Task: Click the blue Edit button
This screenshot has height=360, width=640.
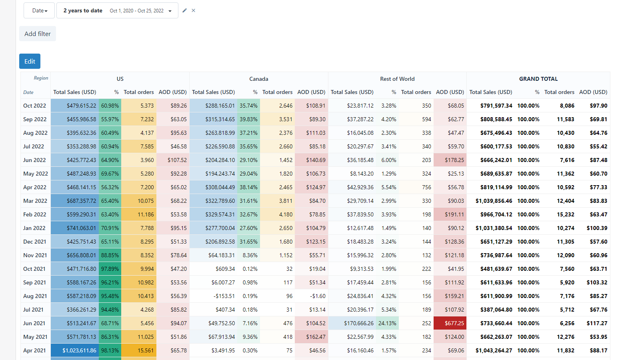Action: [30, 61]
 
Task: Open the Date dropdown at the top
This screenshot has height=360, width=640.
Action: [39, 11]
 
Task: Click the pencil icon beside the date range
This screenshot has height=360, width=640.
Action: [184, 11]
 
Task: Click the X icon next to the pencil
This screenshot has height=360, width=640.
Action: [194, 11]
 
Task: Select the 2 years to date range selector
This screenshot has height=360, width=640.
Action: [117, 11]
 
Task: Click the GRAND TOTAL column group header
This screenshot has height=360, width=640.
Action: [538, 79]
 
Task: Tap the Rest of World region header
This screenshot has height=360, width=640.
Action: [397, 79]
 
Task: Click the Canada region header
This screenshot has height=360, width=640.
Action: [258, 79]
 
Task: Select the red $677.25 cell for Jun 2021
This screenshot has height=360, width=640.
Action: [454, 323]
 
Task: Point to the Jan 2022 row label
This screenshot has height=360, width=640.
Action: [34, 228]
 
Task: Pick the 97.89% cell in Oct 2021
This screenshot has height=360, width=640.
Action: [110, 269]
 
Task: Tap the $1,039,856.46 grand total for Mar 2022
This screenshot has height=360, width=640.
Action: [494, 201]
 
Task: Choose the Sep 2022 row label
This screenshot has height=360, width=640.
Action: [35, 119]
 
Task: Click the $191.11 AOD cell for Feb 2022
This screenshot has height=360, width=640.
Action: [454, 214]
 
